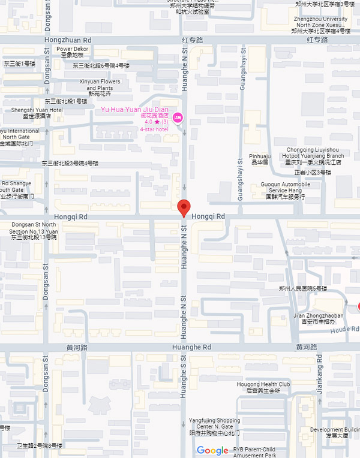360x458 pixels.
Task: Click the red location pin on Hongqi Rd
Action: [185, 207]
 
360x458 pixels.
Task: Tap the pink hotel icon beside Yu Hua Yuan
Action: [178, 116]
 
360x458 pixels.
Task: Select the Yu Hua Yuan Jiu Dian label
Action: [134, 109]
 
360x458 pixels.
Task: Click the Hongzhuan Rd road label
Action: [67, 40]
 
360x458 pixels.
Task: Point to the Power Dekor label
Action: [72, 49]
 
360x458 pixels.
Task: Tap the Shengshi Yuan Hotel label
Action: [37, 110]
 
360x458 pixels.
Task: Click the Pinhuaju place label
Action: [260, 156]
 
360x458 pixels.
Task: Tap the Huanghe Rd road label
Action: [191, 347]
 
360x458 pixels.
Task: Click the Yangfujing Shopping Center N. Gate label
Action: [214, 423]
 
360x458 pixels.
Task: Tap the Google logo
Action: [212, 450]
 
